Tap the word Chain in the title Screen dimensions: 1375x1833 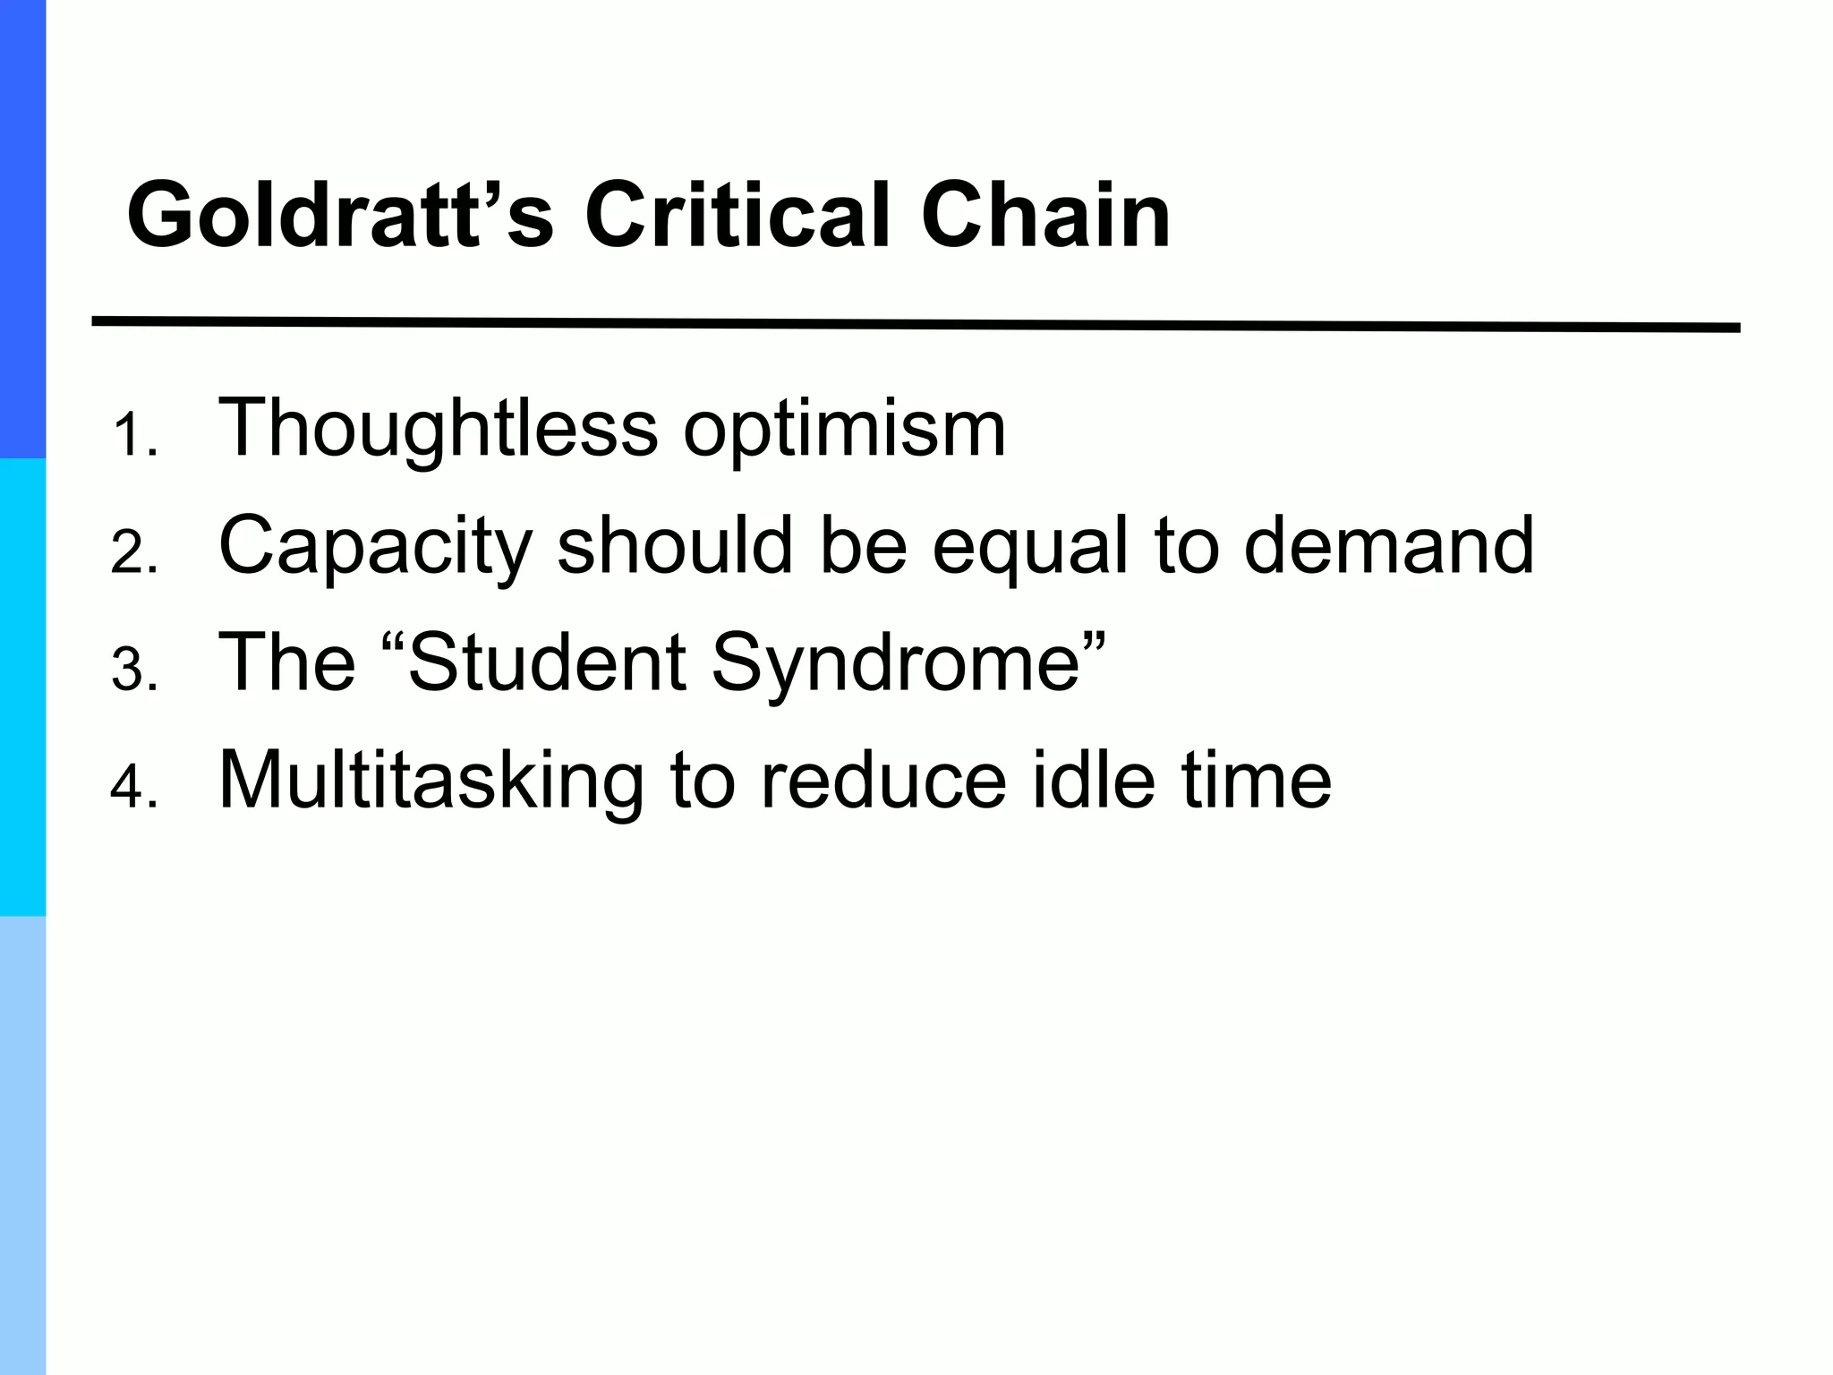(1044, 216)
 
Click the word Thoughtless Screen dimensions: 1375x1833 (438, 428)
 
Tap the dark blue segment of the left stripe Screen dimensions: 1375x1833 (22, 228)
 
